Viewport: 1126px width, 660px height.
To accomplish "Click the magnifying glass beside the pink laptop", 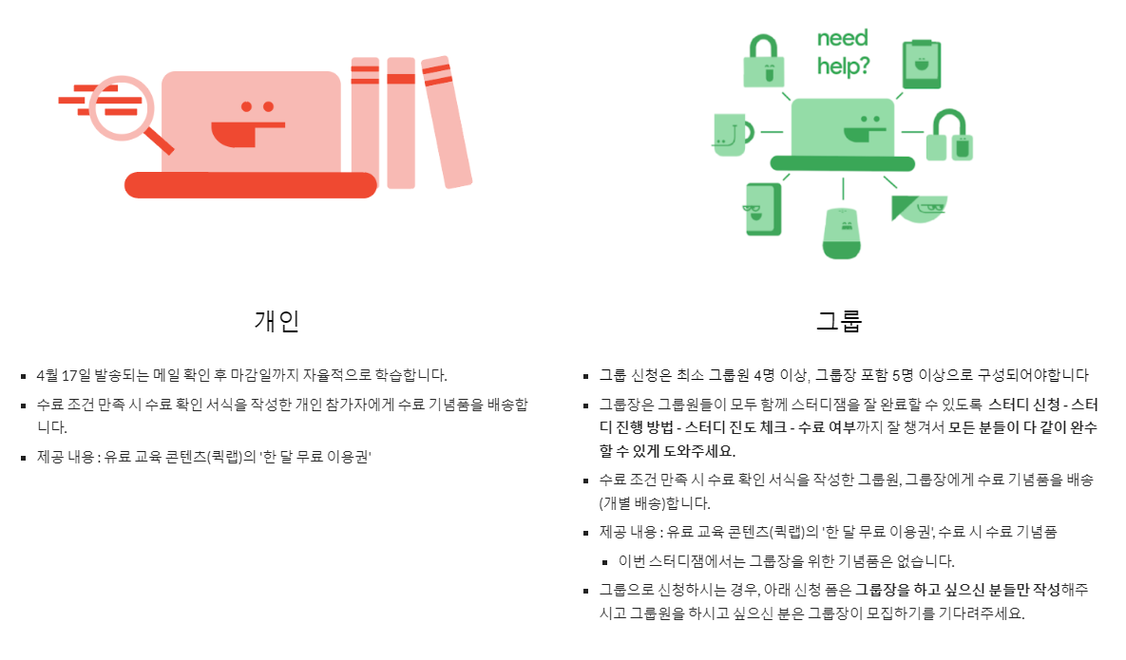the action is (x=122, y=108).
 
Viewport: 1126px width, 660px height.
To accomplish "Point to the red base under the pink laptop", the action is (x=250, y=185).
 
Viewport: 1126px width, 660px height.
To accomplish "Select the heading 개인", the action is (x=277, y=321).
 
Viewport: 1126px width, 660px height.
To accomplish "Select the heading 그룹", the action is (x=839, y=321).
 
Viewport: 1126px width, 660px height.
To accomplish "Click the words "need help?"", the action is (x=843, y=52).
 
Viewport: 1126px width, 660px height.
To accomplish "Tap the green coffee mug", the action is (x=730, y=135).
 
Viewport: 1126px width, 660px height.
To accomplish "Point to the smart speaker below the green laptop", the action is (x=842, y=232).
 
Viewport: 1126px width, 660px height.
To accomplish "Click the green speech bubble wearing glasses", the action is (x=921, y=208).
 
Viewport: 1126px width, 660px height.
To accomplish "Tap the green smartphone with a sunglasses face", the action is (x=762, y=208).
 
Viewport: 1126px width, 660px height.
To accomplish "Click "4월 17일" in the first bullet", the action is (x=64, y=374).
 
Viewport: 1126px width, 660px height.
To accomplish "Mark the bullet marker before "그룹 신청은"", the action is (x=588, y=376).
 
